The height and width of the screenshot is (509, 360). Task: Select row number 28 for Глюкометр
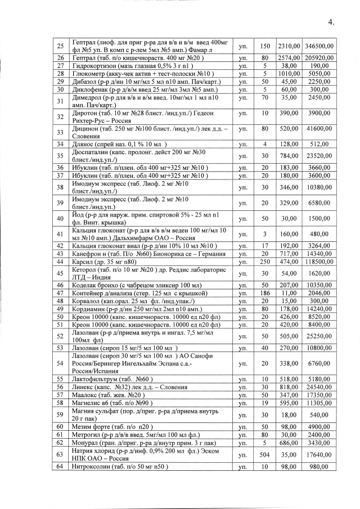60,73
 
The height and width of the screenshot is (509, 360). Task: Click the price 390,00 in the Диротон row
287,116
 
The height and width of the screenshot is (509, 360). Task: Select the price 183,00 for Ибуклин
287,168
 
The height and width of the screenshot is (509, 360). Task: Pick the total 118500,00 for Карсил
318,262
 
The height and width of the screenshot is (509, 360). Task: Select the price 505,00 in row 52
287,337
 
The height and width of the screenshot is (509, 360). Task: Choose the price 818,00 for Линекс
287,388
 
